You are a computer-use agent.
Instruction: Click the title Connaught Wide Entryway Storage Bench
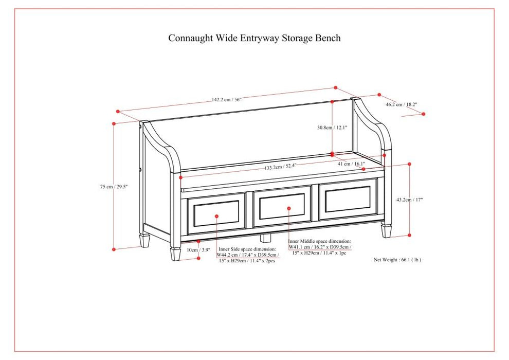point(254,38)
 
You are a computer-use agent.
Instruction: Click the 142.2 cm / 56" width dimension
point(226,100)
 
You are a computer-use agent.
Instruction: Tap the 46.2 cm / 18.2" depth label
point(402,104)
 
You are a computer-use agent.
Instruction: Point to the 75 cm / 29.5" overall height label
point(114,187)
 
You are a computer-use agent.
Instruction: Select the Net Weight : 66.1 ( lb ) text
point(397,260)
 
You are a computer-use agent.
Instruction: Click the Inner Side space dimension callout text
point(247,255)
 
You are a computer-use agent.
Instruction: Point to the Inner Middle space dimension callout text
point(319,246)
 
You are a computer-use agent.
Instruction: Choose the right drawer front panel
point(348,200)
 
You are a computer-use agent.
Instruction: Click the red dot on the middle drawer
point(289,208)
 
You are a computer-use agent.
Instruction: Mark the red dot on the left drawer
point(217,217)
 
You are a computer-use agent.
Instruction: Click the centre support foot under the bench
point(265,239)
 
